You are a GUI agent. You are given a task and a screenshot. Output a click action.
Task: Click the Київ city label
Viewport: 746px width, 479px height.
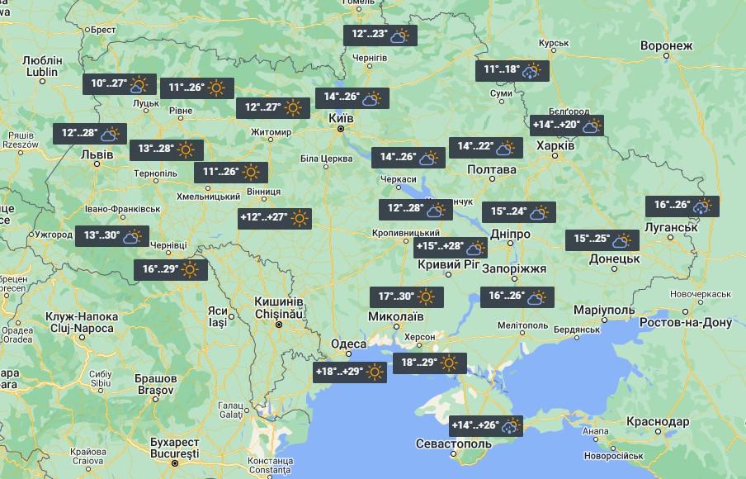[341, 119]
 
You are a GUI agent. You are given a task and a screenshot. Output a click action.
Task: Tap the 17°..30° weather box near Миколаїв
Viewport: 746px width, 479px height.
[406, 296]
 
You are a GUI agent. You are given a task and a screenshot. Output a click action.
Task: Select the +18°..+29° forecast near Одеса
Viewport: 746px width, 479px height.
[351, 372]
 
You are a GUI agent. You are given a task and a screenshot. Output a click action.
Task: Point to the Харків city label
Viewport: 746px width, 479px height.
[556, 145]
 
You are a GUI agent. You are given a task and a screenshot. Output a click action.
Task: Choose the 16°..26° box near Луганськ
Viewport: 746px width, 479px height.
[682, 206]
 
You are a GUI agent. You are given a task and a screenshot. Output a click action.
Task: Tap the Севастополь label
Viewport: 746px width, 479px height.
[452, 444]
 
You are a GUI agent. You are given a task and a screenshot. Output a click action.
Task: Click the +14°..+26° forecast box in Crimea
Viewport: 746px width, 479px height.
[488, 426]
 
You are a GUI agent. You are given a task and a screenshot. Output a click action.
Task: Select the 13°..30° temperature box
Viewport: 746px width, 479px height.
[112, 236]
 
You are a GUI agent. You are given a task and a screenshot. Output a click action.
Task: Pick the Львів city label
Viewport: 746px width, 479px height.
[87, 154]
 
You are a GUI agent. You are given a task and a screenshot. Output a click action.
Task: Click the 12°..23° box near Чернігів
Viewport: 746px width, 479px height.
[380, 35]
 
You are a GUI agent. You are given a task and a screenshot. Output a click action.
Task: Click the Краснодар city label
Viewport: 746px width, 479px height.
[658, 421]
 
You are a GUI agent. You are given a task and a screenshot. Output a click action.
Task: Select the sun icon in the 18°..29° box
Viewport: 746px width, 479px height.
[450, 363]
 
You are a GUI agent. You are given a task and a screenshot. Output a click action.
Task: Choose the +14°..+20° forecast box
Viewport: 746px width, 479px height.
[567, 126]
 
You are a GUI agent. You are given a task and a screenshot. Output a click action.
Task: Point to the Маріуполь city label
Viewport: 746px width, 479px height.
[607, 309]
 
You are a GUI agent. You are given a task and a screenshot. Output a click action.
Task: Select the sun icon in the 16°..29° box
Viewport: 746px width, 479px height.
[191, 270]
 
